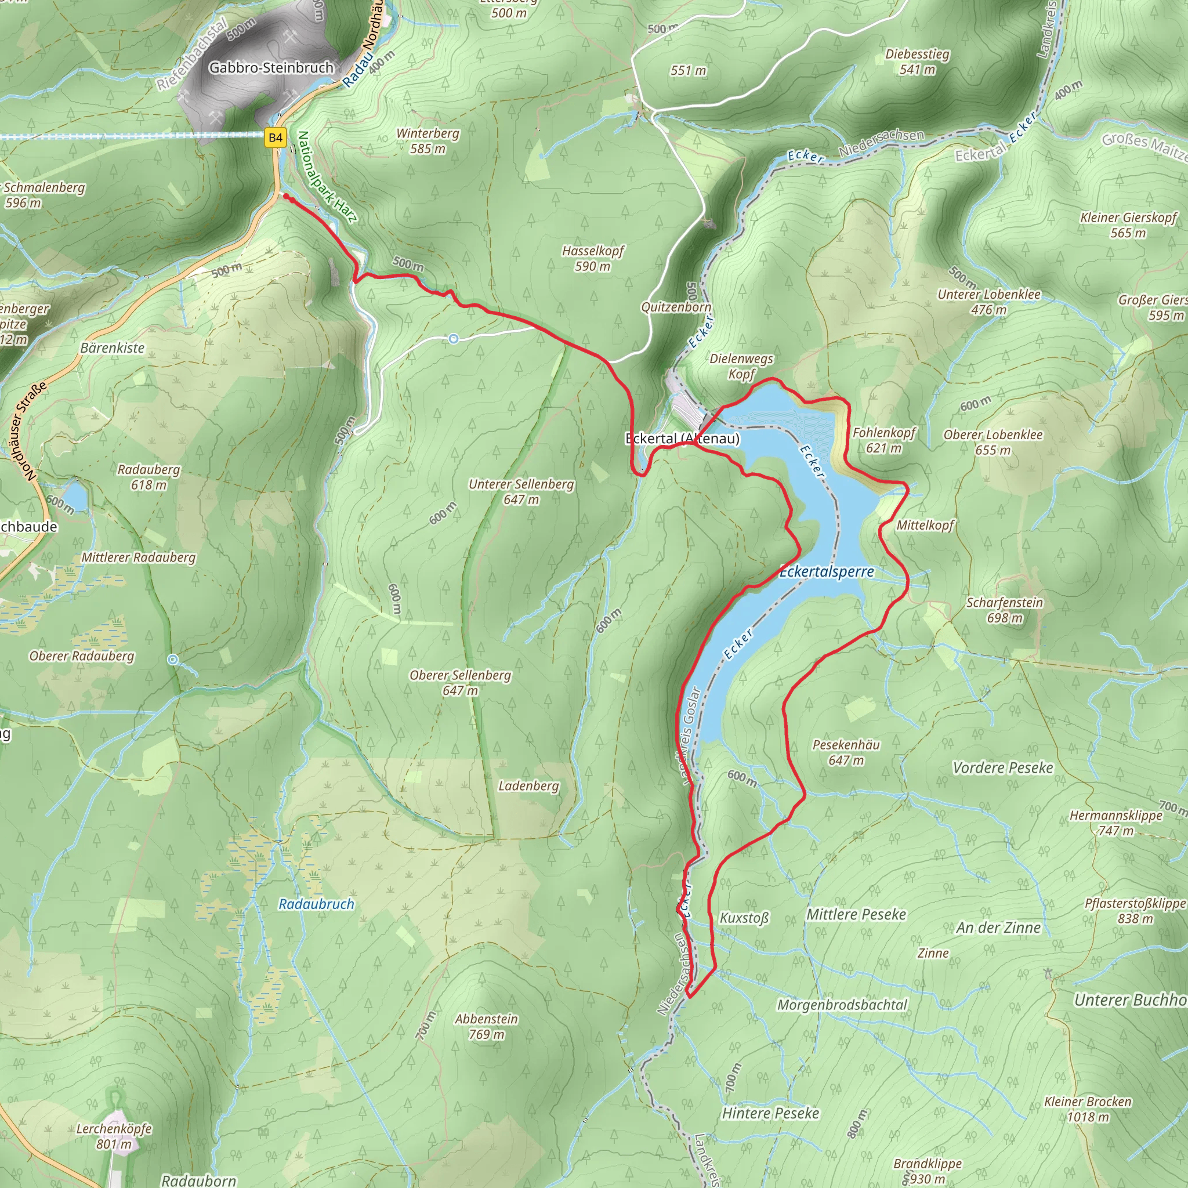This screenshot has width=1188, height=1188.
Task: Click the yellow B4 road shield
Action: [x=276, y=137]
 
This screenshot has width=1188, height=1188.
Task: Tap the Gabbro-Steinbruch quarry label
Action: [x=271, y=68]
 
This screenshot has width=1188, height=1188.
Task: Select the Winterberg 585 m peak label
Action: [x=428, y=141]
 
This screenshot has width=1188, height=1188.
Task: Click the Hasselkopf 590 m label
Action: [x=593, y=258]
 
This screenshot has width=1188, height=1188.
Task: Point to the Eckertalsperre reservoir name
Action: [x=827, y=572]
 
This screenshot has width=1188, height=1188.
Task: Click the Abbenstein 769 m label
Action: [x=486, y=1026]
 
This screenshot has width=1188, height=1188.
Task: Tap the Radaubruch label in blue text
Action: [x=316, y=904]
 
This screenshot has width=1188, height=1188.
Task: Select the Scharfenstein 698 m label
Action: [x=1004, y=610]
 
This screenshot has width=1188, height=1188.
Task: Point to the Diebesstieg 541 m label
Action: [x=918, y=61]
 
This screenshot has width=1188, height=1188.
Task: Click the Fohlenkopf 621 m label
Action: [x=883, y=440]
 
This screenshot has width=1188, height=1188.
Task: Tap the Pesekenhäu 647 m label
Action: [x=846, y=752]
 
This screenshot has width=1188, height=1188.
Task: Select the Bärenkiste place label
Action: [x=113, y=348]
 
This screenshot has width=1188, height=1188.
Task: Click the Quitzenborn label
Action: [x=676, y=307]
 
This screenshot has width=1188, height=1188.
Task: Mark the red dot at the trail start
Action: [x=286, y=196]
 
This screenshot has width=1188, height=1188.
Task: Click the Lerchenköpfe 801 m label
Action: [x=114, y=1136]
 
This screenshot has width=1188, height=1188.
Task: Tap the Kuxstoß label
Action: [x=744, y=918]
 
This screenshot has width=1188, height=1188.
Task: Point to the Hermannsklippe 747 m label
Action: [x=1115, y=823]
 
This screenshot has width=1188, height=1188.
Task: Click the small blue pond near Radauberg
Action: [x=75, y=495]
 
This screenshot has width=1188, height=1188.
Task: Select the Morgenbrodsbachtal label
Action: [x=842, y=1005]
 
